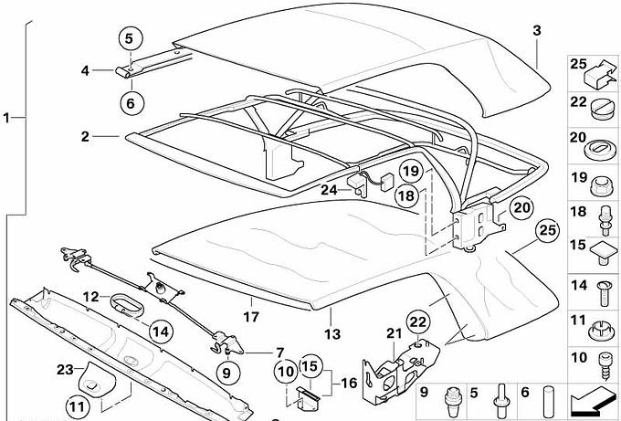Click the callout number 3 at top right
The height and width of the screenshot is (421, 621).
pyautogui.click(x=537, y=30)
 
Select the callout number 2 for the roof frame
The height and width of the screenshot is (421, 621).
pyautogui.click(x=84, y=137)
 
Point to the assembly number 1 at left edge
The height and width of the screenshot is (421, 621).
pyautogui.click(x=7, y=118)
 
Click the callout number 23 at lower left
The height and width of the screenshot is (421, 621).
pyautogui.click(x=63, y=370)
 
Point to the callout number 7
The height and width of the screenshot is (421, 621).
pyautogui.click(x=280, y=352)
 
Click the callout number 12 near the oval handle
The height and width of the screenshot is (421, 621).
pyautogui.click(x=90, y=296)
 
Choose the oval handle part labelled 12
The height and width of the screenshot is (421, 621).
pyautogui.click(x=129, y=304)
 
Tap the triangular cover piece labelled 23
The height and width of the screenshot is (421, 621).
pyautogui.click(x=92, y=374)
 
